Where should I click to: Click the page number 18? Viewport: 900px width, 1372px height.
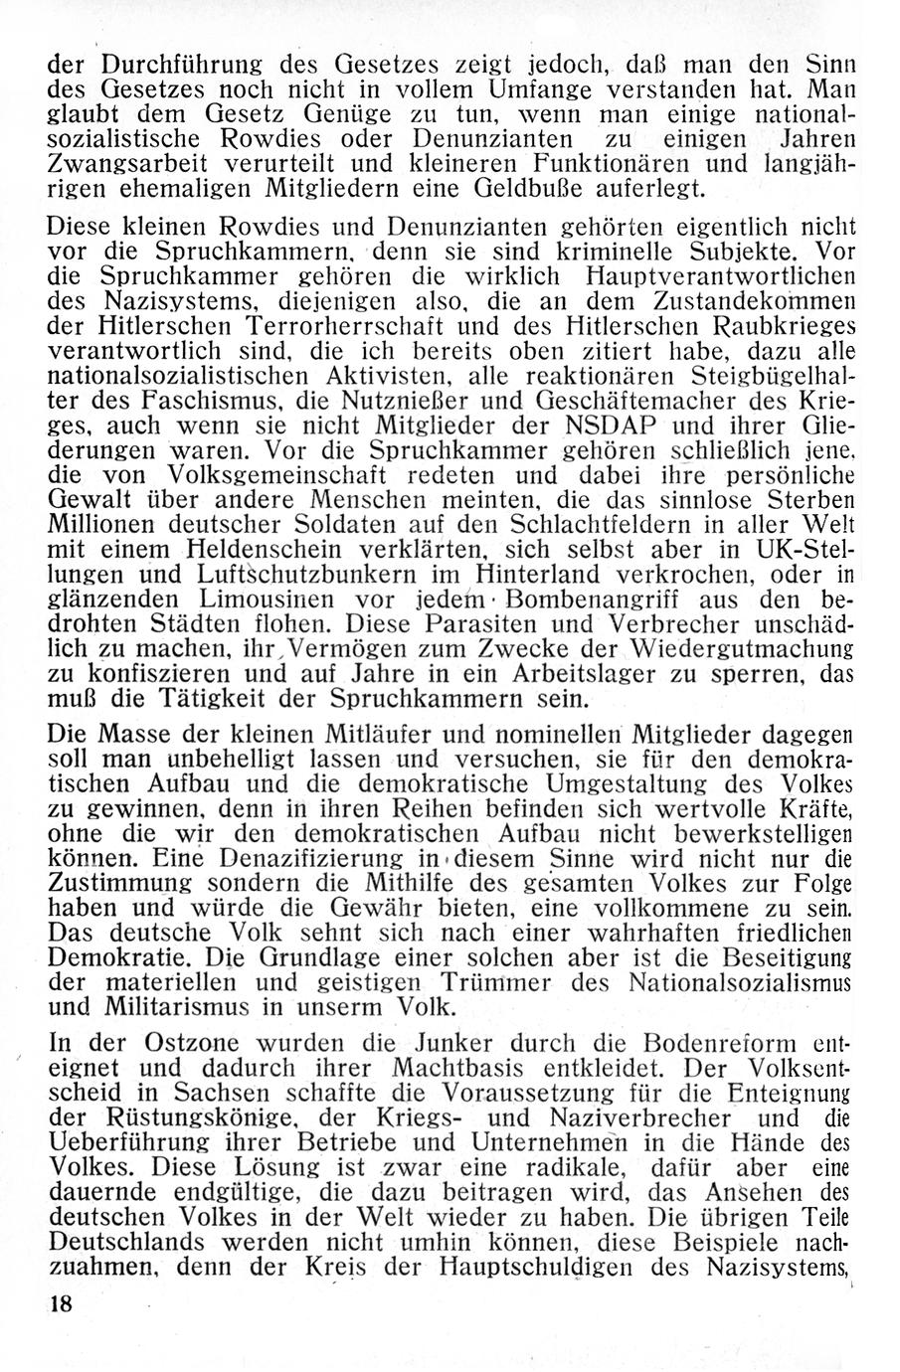pos(61,1305)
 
